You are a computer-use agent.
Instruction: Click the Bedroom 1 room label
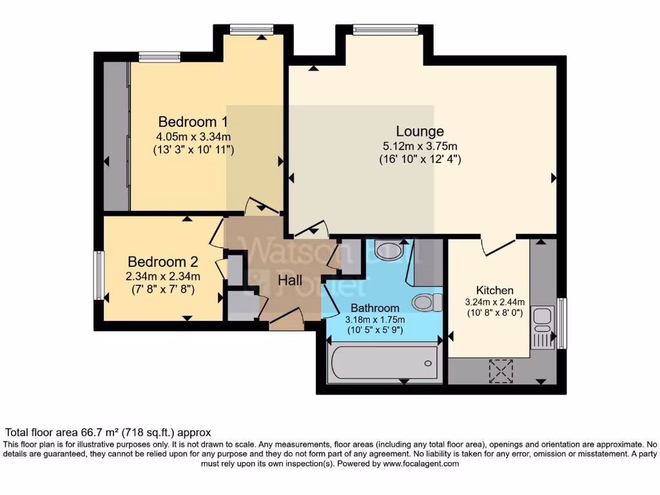pos(193,121)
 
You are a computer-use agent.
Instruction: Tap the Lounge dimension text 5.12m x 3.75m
pos(420,146)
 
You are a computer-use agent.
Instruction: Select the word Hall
pos(290,280)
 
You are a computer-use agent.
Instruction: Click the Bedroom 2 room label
pos(162,262)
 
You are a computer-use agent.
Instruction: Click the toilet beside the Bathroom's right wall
pos(427,302)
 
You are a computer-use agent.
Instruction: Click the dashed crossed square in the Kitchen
pos(500,370)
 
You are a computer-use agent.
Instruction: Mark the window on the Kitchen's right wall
pos(561,323)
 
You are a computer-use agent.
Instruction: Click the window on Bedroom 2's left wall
pos(99,276)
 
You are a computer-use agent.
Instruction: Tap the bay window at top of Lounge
pos(385,29)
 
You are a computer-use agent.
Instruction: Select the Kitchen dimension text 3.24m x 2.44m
pos(495,302)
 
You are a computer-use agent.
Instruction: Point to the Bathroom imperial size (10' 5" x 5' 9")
pos(375,330)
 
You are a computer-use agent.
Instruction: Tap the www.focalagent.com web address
pos(420,463)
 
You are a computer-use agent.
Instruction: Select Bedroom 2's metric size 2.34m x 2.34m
pos(162,277)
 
